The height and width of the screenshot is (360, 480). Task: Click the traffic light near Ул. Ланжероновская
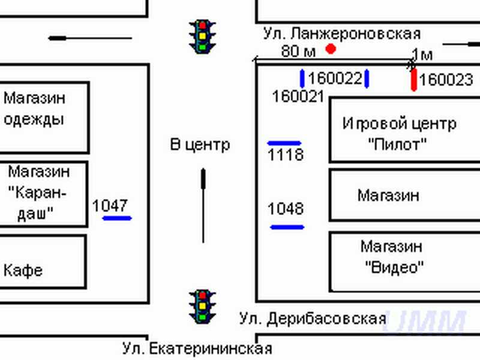point(203,35)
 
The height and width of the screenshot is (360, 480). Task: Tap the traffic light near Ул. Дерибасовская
point(203,305)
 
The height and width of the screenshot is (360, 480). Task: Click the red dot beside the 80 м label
point(330,49)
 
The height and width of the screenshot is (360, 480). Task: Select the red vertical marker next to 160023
point(414,80)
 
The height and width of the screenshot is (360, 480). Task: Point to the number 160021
point(298,96)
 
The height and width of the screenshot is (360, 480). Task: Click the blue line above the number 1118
point(284,143)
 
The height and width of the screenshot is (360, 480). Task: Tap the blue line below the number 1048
point(287,227)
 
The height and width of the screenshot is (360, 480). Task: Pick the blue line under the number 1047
point(117,218)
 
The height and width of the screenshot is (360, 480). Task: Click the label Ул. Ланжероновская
point(341,34)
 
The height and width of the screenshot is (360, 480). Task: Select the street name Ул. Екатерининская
point(197,348)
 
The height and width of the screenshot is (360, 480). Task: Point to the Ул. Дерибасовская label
point(312,317)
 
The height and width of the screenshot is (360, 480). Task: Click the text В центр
point(200,144)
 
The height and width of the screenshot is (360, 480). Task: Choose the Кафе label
point(23,270)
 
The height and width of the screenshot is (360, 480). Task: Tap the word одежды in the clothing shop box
point(34,119)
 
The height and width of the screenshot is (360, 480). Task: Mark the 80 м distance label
point(298,51)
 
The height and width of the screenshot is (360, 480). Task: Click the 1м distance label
point(422,55)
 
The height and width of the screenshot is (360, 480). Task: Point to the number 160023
point(446,80)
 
